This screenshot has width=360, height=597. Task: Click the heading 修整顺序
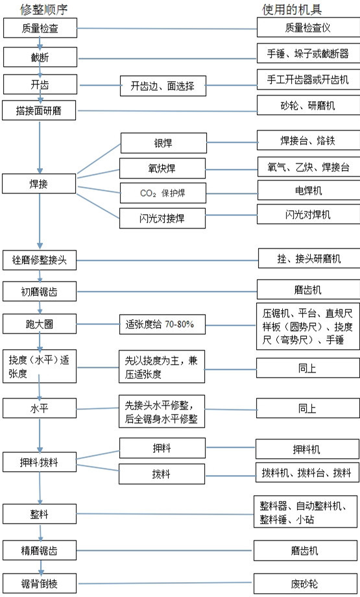(43, 9)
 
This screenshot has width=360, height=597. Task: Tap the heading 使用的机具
(291, 9)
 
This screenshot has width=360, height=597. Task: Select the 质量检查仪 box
(307, 27)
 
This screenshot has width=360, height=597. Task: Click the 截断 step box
(40, 58)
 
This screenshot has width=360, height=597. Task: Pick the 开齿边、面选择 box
(162, 86)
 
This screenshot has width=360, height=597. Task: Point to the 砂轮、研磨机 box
(307, 105)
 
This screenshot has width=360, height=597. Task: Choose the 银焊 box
(163, 143)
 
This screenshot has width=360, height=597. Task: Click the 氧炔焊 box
(163, 168)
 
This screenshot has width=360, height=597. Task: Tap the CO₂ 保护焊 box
(163, 193)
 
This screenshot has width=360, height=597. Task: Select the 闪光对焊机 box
(307, 213)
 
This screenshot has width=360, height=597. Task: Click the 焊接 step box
(40, 184)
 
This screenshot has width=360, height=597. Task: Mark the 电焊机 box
(307, 190)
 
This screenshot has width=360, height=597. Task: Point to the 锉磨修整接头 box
(40, 261)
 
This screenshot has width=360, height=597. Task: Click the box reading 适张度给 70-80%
(162, 323)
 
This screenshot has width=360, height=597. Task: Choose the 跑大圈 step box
(40, 323)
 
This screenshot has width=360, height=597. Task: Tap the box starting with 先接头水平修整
(162, 412)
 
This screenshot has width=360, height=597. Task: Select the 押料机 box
(307, 448)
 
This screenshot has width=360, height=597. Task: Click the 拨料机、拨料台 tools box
(307, 472)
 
